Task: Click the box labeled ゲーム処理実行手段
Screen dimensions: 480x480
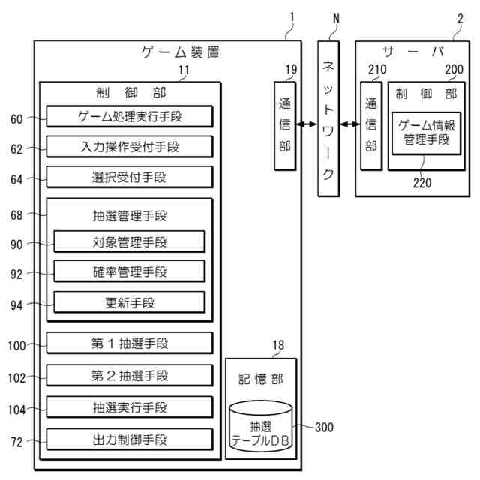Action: pyautogui.click(x=129, y=116)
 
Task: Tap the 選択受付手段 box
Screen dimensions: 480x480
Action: pyautogui.click(x=129, y=177)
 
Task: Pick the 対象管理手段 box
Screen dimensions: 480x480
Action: pyautogui.click(x=129, y=241)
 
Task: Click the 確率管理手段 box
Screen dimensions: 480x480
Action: pyautogui.click(x=129, y=271)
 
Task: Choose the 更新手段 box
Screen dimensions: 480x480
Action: pyautogui.click(x=129, y=302)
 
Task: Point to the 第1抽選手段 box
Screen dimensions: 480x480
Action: pyautogui.click(x=129, y=343)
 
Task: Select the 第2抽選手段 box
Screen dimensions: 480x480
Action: pyautogui.click(x=129, y=375)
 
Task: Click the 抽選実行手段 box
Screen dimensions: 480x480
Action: pyautogui.click(x=129, y=407)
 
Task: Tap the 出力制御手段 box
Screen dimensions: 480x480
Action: pyautogui.click(x=129, y=438)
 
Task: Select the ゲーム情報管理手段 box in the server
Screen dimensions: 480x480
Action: pyautogui.click(x=425, y=133)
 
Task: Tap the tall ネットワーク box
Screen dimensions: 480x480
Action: pyautogui.click(x=328, y=120)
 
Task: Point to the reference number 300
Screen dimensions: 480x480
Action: pyautogui.click(x=324, y=427)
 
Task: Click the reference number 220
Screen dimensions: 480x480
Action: pyautogui.click(x=422, y=181)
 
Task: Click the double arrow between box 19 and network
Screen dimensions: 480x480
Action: pyautogui.click(x=307, y=124)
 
